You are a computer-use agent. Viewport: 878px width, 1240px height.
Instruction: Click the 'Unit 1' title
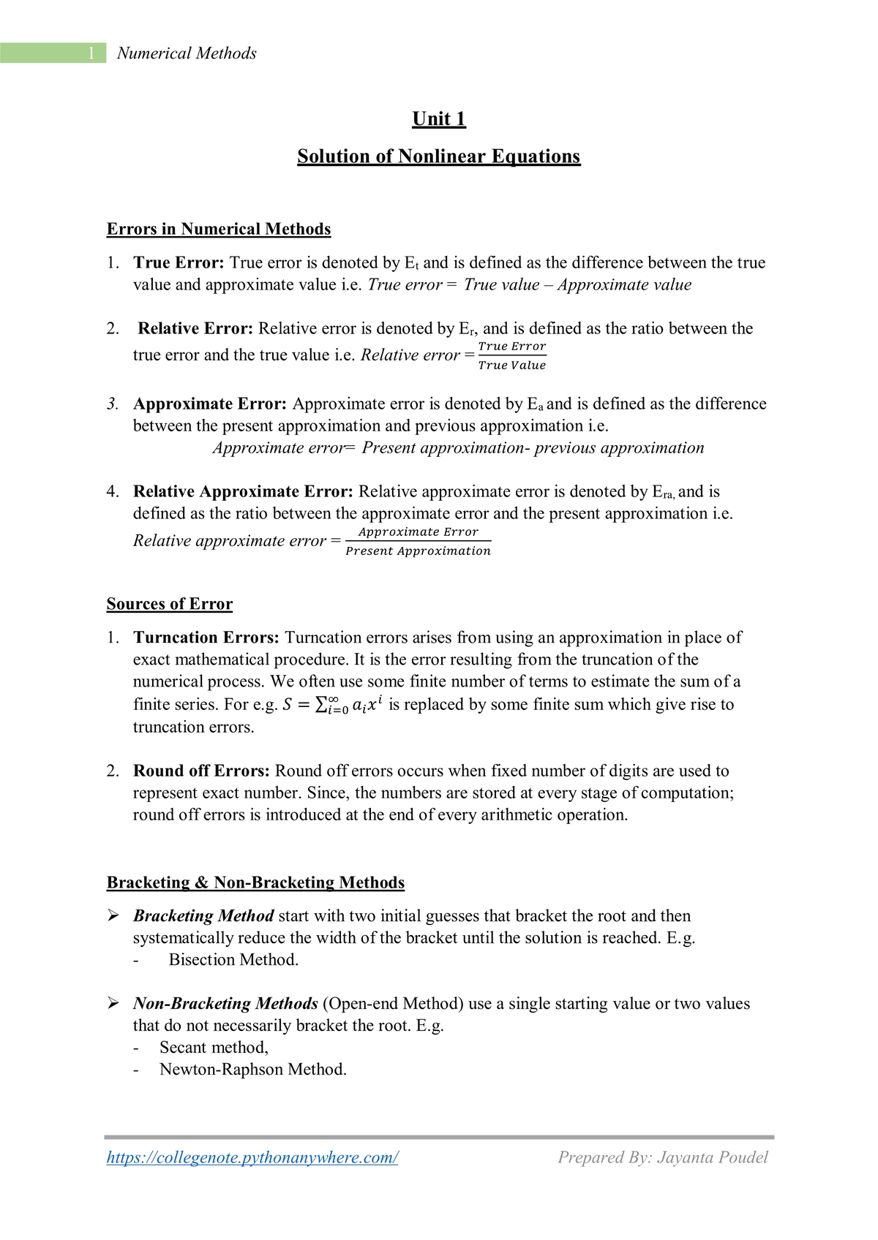click(x=439, y=119)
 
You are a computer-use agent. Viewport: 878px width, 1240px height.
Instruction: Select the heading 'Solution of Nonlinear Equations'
click(x=439, y=156)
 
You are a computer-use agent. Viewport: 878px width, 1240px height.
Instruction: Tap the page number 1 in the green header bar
click(x=91, y=53)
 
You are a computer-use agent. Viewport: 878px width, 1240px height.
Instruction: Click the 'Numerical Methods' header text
click(x=187, y=53)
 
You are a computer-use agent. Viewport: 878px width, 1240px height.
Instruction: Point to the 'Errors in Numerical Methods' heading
click(x=219, y=230)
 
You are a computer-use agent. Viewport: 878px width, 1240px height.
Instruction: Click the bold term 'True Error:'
click(x=179, y=263)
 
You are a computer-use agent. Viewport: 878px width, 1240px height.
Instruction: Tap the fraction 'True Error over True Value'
click(x=512, y=356)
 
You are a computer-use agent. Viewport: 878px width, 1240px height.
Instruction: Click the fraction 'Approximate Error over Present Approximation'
click(x=418, y=542)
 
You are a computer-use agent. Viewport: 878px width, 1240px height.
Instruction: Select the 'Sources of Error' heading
click(x=170, y=604)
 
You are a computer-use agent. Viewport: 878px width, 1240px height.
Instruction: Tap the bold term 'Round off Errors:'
click(x=201, y=771)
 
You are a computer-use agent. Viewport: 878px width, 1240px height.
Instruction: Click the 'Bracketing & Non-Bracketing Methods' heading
click(x=255, y=882)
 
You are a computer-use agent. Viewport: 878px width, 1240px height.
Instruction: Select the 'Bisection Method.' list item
click(x=233, y=960)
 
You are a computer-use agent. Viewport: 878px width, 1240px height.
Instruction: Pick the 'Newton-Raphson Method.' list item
click(x=253, y=1070)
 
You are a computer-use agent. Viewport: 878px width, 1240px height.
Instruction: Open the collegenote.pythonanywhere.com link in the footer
click(x=252, y=1157)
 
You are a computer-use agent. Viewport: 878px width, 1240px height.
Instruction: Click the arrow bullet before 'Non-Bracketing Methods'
click(x=113, y=1003)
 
